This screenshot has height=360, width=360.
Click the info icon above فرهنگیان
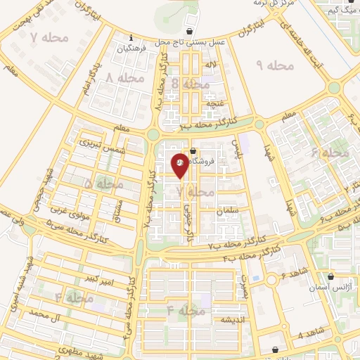click(131, 38)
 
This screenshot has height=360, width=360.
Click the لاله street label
click(211, 65)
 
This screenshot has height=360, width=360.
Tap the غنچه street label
click(211, 103)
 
